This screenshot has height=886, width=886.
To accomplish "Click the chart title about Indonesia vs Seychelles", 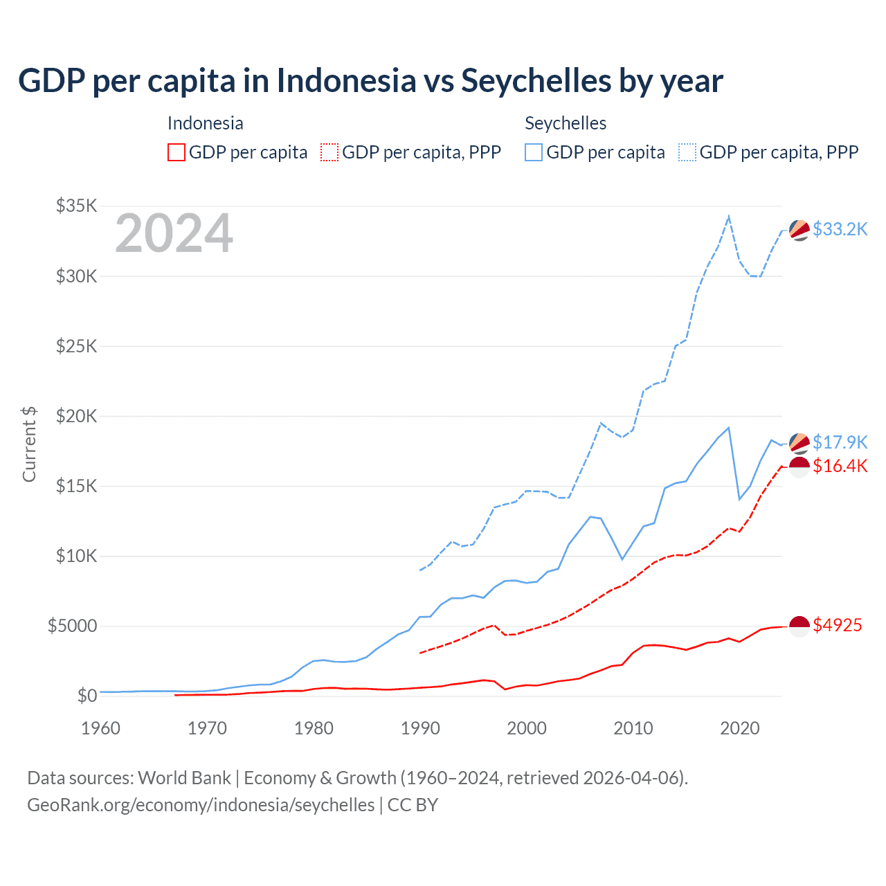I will (x=370, y=81).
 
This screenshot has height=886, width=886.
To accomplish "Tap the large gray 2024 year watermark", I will (x=174, y=233).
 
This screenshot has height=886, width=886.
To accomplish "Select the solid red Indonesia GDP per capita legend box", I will (x=177, y=152).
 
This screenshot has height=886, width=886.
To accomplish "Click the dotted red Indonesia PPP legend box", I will (x=329, y=152).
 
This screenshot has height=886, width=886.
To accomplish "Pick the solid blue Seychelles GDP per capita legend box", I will (x=534, y=152).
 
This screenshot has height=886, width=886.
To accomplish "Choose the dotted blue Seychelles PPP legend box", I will (x=687, y=152).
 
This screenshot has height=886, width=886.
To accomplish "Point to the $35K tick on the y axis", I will (x=76, y=206).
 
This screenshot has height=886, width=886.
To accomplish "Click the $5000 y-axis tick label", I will (x=72, y=626).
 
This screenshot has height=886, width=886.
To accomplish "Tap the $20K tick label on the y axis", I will (x=76, y=416).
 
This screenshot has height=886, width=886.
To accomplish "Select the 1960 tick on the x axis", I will (x=101, y=728).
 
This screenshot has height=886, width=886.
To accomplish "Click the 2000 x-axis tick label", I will (x=527, y=728).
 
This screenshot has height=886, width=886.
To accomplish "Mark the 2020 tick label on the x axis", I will (x=740, y=728).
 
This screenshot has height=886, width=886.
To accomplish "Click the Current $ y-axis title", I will (x=29, y=444).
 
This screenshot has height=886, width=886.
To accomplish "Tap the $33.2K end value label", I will (x=840, y=229).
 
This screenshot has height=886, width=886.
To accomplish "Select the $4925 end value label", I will (x=837, y=625).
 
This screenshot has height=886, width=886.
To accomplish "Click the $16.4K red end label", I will (x=840, y=466).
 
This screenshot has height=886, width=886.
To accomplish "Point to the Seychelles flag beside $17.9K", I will (x=799, y=443).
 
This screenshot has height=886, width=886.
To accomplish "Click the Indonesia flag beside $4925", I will (x=799, y=626).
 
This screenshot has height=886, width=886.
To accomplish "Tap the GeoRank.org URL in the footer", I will (x=201, y=805).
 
